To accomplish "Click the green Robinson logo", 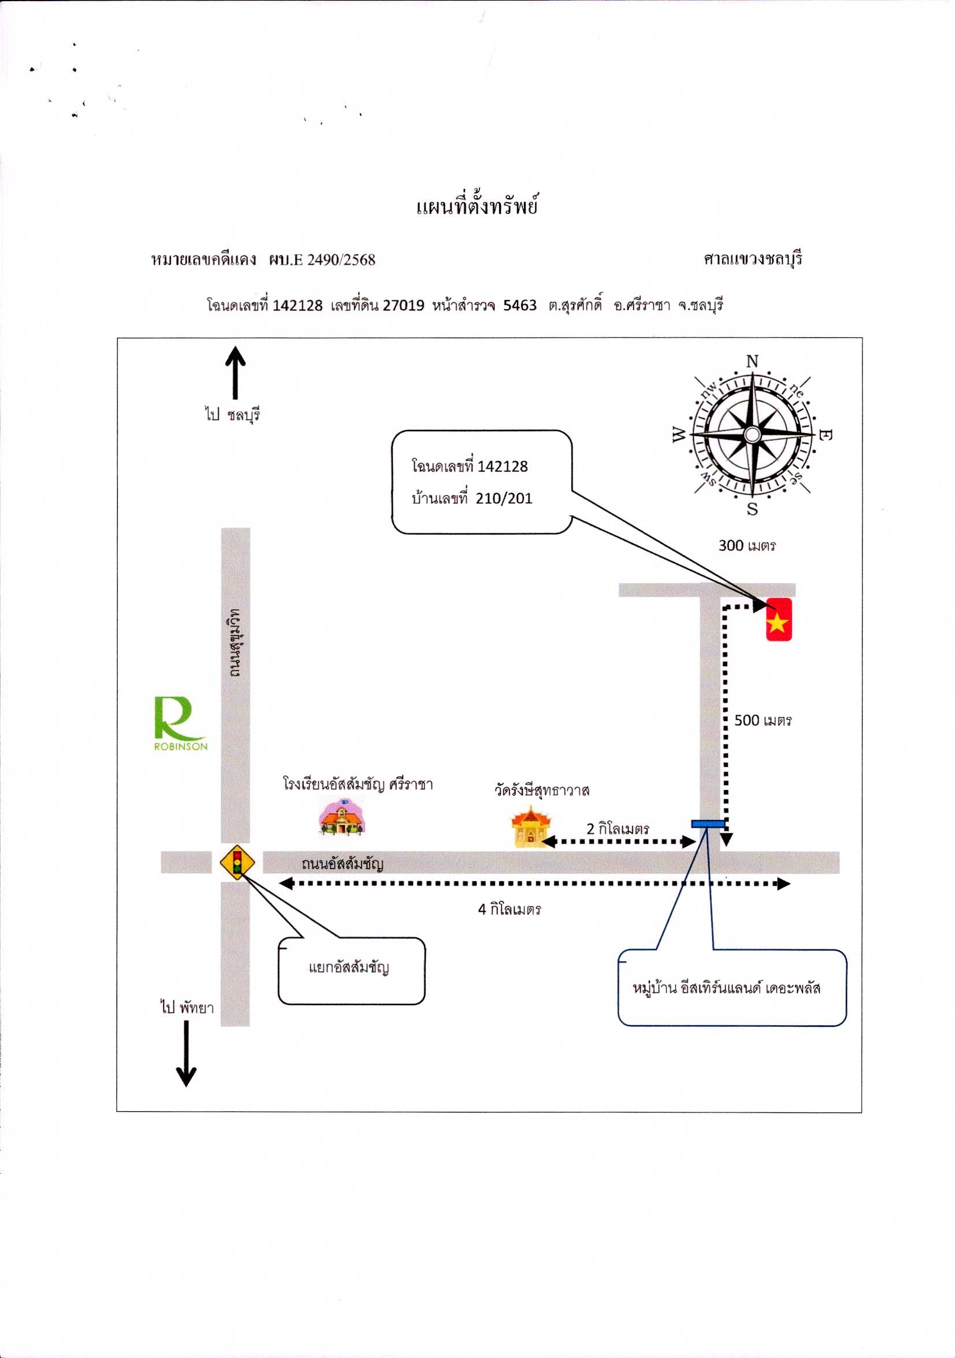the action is (180, 723).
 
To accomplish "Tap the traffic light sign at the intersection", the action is (237, 862).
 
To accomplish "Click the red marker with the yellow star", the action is (779, 619).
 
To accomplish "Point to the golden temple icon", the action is (530, 826).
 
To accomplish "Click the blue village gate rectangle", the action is (708, 823).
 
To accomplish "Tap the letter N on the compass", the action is (752, 361).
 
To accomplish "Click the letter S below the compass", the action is (752, 509).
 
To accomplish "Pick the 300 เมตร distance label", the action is (747, 546).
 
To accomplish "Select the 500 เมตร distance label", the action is (763, 721).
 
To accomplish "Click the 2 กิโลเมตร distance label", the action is (618, 829).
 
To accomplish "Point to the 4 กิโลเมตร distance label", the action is (509, 909).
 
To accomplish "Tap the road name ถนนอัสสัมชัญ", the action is (343, 863).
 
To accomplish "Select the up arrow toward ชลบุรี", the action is (235, 372).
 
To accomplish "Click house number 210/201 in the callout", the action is (504, 499).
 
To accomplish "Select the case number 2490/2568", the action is (341, 259).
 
